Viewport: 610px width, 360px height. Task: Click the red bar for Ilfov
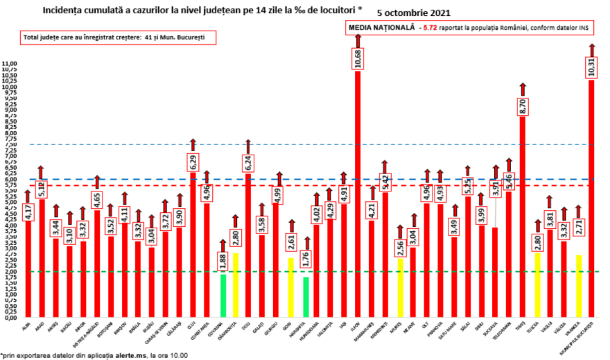point(358,194)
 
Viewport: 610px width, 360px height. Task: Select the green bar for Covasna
point(223,294)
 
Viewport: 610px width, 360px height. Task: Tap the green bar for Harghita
point(306,296)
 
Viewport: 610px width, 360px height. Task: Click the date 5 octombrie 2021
point(415,12)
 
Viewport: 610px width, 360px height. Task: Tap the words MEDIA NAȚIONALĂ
point(382,27)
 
